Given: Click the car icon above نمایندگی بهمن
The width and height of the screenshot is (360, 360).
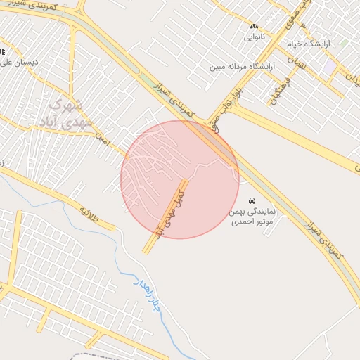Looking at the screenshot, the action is pyautogui.click(x=252, y=200).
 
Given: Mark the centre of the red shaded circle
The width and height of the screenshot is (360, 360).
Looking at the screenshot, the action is pyautogui.click(x=180, y=179).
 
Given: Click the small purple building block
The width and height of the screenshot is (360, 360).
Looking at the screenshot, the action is pyautogui.click(x=329, y=66).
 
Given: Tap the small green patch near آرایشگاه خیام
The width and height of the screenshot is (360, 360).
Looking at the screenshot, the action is pyautogui.click(x=342, y=43).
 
